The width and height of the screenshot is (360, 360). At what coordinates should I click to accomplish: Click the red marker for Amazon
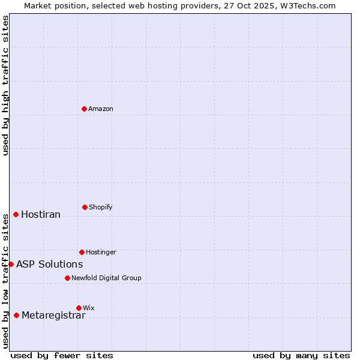(x=85, y=109)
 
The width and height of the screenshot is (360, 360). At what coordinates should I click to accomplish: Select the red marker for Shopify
(x=85, y=207)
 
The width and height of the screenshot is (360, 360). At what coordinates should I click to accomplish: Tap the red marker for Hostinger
(x=82, y=252)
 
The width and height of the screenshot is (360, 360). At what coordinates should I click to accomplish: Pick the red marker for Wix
(x=79, y=308)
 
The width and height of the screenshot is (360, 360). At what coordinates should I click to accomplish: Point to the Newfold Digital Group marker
(x=67, y=278)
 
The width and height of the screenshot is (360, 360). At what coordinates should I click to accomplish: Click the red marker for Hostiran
(x=16, y=214)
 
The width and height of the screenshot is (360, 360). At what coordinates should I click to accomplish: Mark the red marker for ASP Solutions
(x=11, y=264)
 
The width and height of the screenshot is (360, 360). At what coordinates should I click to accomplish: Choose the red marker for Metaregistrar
(x=16, y=315)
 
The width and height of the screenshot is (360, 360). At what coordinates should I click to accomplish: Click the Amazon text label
(x=101, y=109)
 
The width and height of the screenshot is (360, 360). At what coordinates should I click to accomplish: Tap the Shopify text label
(x=101, y=207)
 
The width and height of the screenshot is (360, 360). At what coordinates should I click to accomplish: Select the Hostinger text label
(x=101, y=252)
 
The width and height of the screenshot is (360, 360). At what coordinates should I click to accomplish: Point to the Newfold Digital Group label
(x=106, y=278)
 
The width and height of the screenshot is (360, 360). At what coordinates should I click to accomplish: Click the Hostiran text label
(x=41, y=214)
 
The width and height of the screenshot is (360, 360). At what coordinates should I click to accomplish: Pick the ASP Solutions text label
(x=49, y=264)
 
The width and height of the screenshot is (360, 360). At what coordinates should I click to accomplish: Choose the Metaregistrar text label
(x=53, y=316)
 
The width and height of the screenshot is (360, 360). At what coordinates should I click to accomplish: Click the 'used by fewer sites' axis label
(x=62, y=355)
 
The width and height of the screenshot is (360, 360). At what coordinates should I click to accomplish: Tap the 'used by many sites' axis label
(x=301, y=355)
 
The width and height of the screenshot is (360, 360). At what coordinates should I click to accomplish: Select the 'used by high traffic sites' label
(x=5, y=85)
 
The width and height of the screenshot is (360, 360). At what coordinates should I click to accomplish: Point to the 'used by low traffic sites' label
(x=5, y=281)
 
